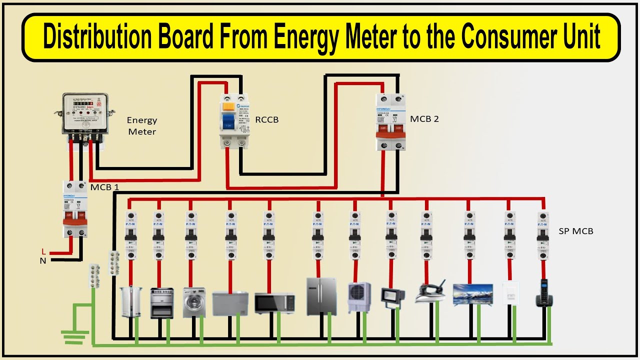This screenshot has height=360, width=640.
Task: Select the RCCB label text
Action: click(267, 120)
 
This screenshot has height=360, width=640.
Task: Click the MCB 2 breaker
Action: click(390, 122)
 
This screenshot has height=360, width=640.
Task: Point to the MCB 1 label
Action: click(104, 187)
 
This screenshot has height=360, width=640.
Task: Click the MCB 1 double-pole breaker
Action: click(74, 208)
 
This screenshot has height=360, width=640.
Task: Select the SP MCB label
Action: click(576, 231)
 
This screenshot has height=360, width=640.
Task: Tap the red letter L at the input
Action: click(43, 251)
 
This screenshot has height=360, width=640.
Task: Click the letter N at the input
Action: click(43, 260)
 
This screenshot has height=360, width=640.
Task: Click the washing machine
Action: click(194, 302)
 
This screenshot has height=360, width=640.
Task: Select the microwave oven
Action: click(274, 303)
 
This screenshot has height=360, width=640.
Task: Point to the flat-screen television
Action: click(472, 294)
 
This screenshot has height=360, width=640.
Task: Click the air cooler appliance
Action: click(359, 297)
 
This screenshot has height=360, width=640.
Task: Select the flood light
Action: click(390, 296)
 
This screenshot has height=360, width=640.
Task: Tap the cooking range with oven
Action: click(162, 302)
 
